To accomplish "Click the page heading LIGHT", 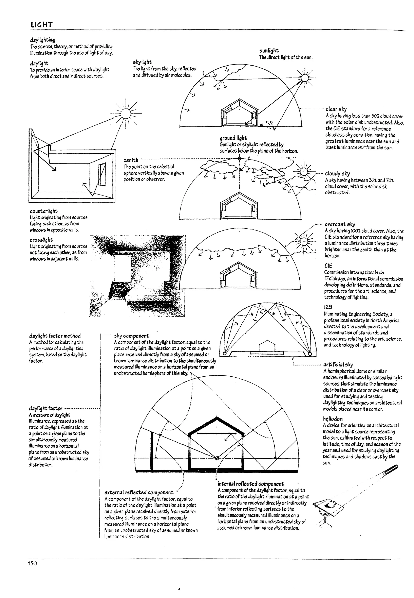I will coord(41,25).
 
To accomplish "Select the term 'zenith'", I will coord(131,160).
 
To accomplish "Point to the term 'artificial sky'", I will coord(338,364).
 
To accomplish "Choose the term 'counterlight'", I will coord(44,211).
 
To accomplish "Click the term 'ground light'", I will coord(233,138).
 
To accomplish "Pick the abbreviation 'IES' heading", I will coord(328,307).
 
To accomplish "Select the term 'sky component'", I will coord(132,336).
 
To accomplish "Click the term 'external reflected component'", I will coord(139,492).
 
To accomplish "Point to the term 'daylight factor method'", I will coord(55,336).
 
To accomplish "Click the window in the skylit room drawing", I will coord(102,174).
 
